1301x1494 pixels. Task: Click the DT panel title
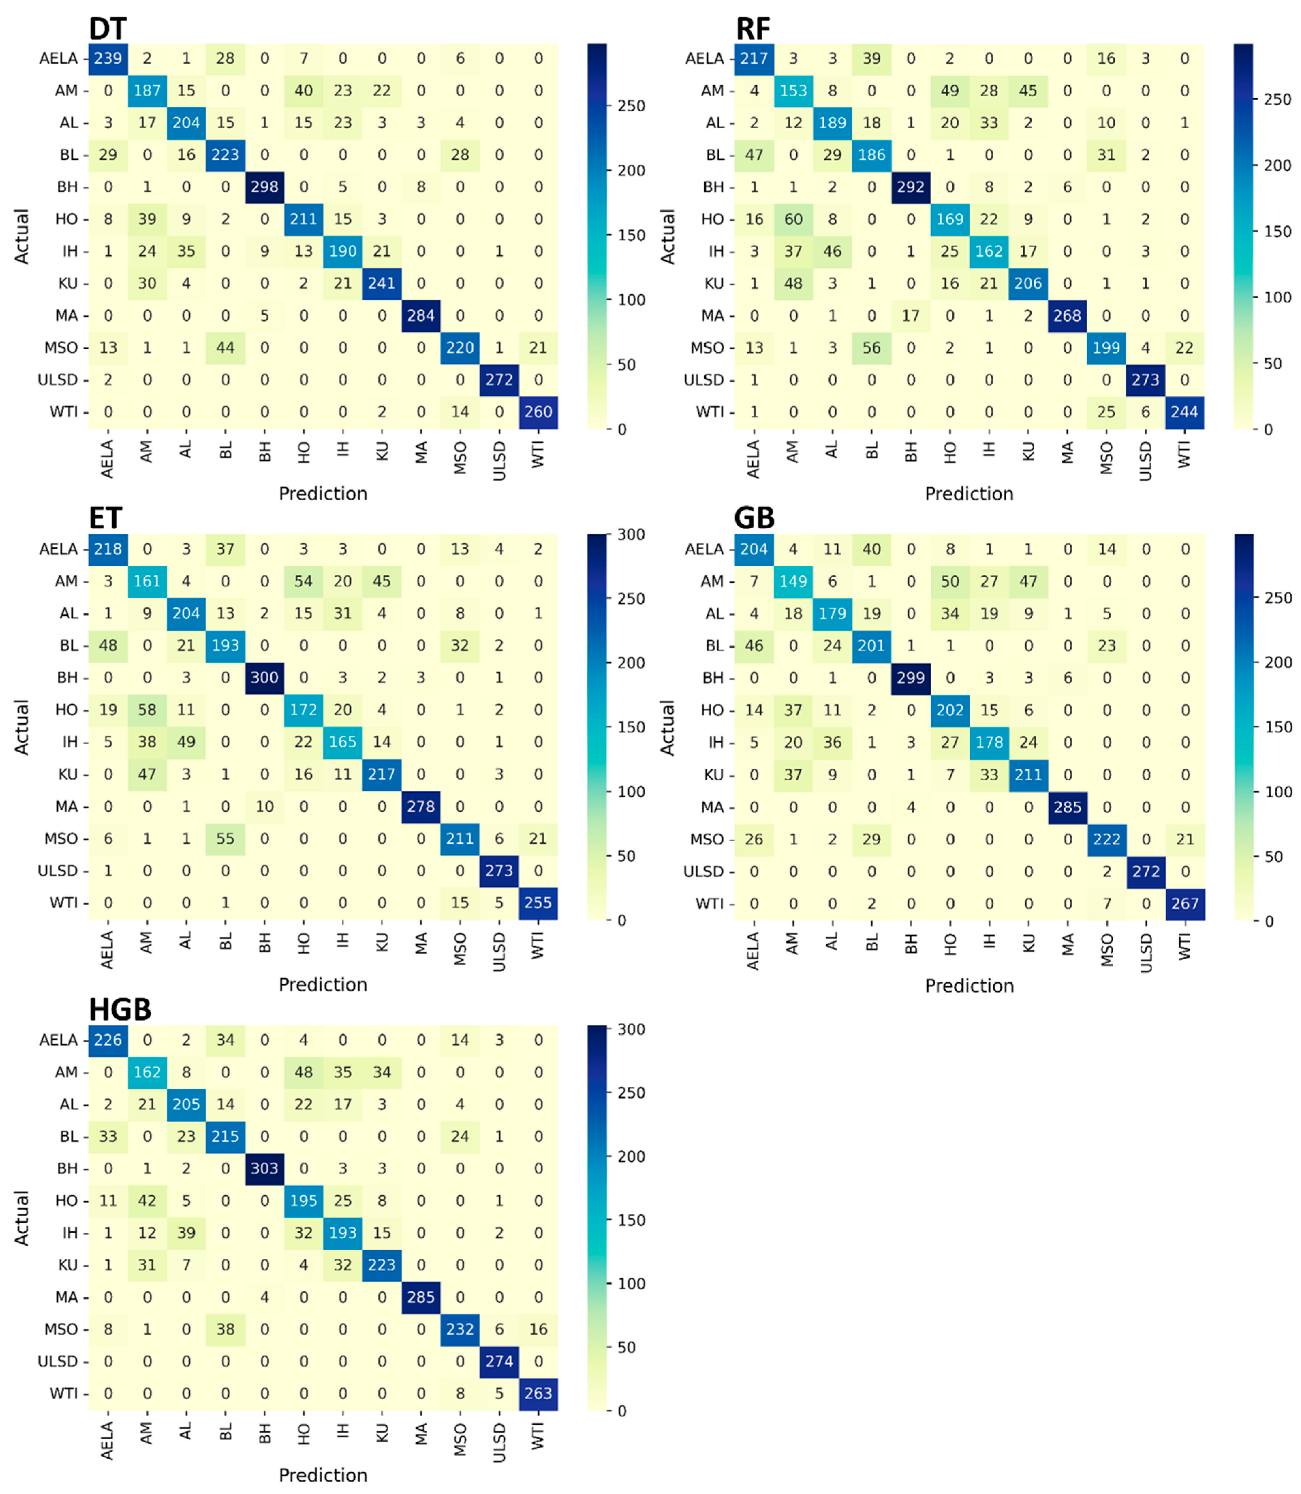click(x=107, y=29)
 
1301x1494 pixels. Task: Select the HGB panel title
click(x=120, y=1009)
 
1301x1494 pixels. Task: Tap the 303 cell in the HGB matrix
click(x=264, y=1168)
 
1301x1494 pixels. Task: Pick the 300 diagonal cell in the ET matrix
click(x=264, y=677)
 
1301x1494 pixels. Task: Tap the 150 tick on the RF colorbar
click(x=1277, y=232)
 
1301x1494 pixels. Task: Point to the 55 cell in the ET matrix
click(x=225, y=839)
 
